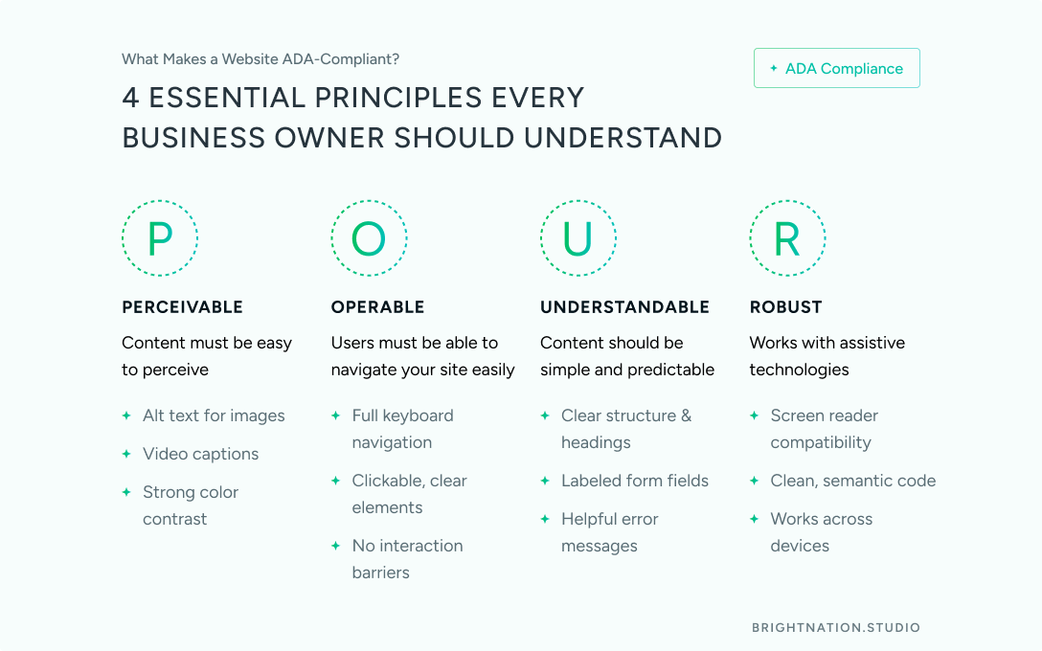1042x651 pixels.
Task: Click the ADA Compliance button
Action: click(x=837, y=68)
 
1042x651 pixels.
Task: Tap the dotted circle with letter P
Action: click(x=160, y=237)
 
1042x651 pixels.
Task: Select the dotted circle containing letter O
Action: click(x=369, y=237)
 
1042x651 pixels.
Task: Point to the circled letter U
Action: click(x=578, y=237)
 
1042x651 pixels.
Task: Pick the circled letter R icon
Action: click(x=787, y=237)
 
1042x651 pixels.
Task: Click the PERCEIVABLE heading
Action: click(x=183, y=307)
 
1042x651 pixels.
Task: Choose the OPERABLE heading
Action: click(x=377, y=307)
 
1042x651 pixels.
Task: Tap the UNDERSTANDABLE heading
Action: click(x=624, y=307)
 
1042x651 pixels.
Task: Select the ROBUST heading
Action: click(x=785, y=307)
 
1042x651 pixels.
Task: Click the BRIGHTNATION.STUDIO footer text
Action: click(x=836, y=628)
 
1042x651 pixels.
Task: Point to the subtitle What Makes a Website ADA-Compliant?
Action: click(x=260, y=59)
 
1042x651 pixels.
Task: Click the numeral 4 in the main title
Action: click(x=130, y=98)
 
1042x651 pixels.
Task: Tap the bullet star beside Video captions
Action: click(x=126, y=454)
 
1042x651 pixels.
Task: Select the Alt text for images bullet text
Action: click(x=214, y=415)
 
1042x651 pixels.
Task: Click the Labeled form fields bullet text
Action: click(x=635, y=481)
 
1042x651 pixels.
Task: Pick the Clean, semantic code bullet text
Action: click(x=852, y=481)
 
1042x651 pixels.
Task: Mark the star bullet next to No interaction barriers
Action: click(x=335, y=546)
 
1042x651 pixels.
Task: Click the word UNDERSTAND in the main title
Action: click(x=623, y=138)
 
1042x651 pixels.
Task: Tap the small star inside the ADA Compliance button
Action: click(x=774, y=68)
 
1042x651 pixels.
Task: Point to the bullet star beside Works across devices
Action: click(x=755, y=519)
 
